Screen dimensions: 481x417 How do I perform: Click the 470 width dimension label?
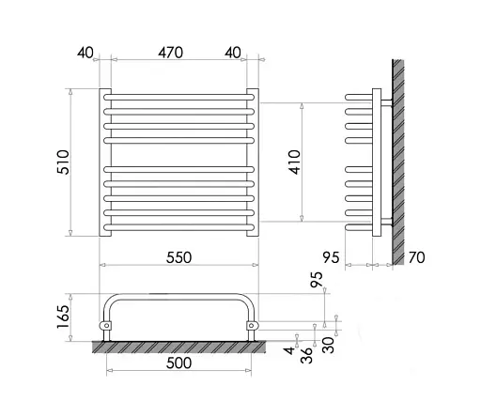point(170,53)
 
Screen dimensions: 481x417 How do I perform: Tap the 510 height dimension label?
point(63,162)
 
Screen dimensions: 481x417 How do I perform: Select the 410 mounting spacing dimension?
point(295,162)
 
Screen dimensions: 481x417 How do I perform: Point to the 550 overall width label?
point(178,257)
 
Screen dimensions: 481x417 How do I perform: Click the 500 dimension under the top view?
point(178,363)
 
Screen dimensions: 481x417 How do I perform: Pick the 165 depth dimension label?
point(63,317)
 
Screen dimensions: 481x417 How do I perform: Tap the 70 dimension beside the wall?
point(416,257)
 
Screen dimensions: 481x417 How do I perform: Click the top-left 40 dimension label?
point(85,53)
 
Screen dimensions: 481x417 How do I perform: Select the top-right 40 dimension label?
point(233,53)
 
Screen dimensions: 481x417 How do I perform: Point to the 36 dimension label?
point(306,355)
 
